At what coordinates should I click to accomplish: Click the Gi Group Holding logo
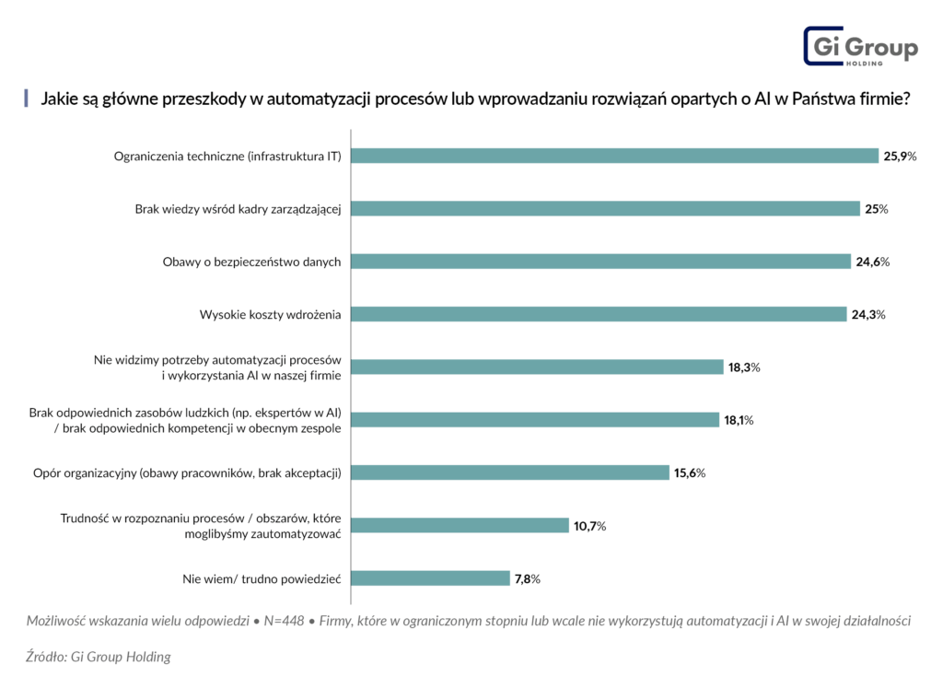(860, 45)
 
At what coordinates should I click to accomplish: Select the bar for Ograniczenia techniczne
(614, 156)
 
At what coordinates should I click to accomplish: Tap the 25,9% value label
(900, 157)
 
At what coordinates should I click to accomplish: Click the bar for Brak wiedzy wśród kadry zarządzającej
(605, 209)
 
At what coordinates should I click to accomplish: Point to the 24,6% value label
(872, 262)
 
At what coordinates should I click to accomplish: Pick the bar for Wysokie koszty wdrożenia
(599, 315)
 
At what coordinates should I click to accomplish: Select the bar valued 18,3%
(537, 367)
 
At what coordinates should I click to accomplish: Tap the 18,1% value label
(739, 421)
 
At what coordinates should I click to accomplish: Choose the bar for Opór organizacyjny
(510, 472)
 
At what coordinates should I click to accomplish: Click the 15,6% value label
(690, 473)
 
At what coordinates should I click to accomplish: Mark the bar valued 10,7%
(460, 526)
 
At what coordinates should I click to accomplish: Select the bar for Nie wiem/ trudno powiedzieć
(430, 578)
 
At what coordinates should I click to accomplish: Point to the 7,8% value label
(527, 579)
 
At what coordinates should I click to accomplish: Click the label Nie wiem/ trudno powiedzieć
(262, 578)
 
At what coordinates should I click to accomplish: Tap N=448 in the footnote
(283, 621)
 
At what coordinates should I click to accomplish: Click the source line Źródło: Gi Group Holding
(99, 657)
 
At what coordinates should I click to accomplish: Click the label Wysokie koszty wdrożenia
(270, 315)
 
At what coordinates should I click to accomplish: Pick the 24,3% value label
(867, 315)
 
